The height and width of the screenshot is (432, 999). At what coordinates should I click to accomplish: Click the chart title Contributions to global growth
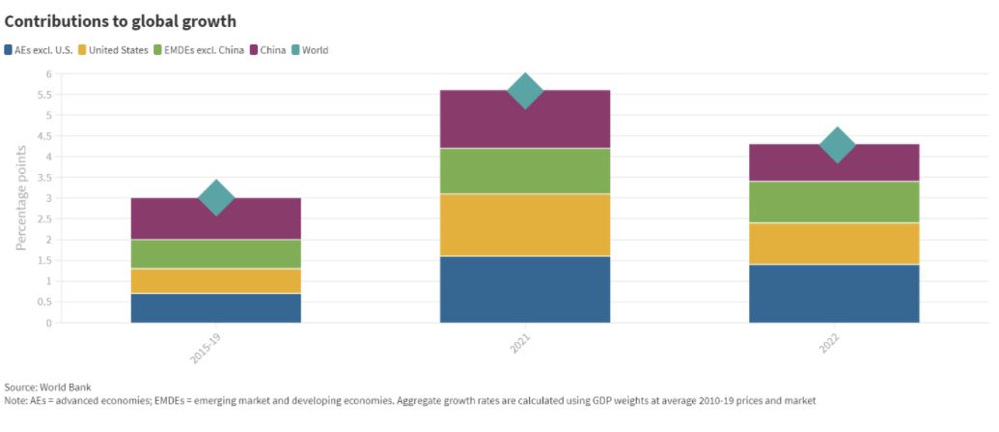(121, 20)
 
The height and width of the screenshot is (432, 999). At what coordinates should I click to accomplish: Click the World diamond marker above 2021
(525, 90)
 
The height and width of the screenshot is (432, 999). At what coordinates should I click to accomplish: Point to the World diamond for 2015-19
(216, 197)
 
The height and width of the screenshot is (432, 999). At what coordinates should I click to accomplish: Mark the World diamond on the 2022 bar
(837, 145)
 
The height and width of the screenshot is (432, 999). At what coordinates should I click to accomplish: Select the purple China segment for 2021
(525, 119)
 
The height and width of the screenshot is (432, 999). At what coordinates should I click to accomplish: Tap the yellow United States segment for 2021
(525, 224)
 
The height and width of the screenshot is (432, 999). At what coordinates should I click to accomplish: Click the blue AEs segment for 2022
(834, 293)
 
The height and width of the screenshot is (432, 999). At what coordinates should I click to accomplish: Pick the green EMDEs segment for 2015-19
(216, 253)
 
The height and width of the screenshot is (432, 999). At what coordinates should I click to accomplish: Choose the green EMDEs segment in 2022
(834, 201)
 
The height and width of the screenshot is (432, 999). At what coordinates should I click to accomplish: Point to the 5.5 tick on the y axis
(42, 95)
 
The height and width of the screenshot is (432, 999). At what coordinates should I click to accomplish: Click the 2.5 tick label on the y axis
(42, 219)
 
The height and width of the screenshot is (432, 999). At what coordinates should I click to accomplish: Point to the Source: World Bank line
(48, 387)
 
